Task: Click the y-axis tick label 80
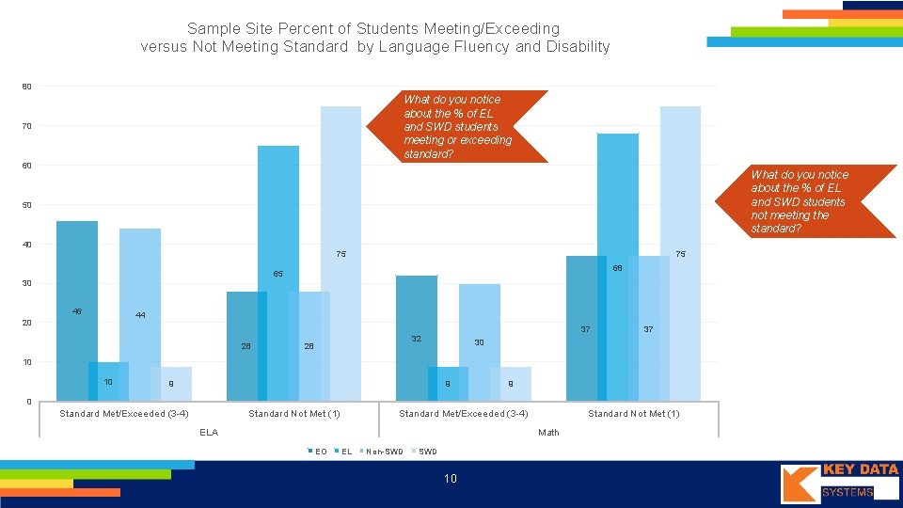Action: (26, 87)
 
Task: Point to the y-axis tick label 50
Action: (26, 205)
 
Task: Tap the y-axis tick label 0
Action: (28, 403)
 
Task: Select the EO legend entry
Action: (318, 452)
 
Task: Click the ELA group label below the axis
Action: (209, 433)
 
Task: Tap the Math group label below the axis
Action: (548, 433)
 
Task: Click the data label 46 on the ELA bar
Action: (76, 311)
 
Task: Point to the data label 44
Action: (140, 315)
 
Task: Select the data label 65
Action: (278, 274)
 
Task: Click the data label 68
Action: (618, 268)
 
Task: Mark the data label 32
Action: (416, 338)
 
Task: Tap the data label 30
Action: (479, 342)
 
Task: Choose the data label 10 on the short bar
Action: (108, 382)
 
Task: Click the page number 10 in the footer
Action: (451, 479)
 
